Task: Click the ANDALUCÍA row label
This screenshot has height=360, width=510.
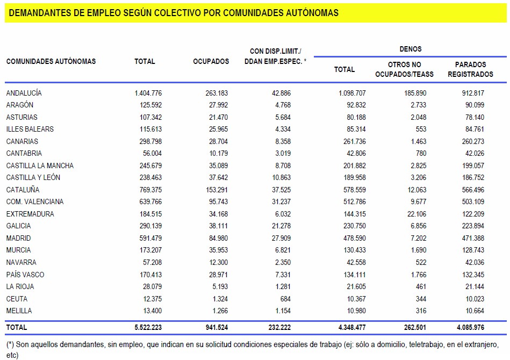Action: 24,93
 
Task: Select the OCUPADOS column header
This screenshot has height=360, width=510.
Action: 211,61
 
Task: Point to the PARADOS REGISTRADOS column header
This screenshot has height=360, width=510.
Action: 470,69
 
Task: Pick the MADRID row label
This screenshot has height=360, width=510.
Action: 18,238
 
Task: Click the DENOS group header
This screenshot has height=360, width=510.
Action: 410,49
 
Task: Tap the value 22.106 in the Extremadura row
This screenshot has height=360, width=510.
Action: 415,214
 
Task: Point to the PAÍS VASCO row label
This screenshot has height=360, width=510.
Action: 25,275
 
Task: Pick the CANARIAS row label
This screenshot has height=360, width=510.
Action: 22,141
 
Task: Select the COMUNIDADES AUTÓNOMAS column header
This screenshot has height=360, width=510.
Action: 51,61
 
